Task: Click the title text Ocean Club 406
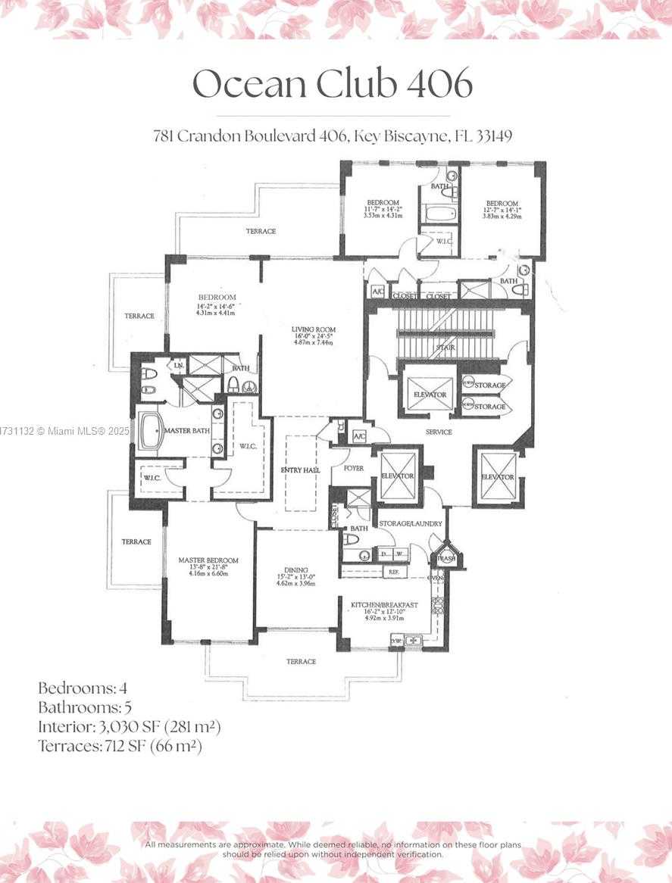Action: click(333, 83)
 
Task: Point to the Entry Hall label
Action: click(300, 470)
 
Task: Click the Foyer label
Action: click(353, 468)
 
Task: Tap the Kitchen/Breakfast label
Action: click(385, 605)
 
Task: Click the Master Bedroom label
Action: click(208, 560)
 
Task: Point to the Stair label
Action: click(445, 348)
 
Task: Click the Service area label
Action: click(439, 432)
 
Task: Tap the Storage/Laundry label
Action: click(411, 523)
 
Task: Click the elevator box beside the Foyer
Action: click(398, 476)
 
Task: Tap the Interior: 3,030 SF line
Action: click(129, 727)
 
